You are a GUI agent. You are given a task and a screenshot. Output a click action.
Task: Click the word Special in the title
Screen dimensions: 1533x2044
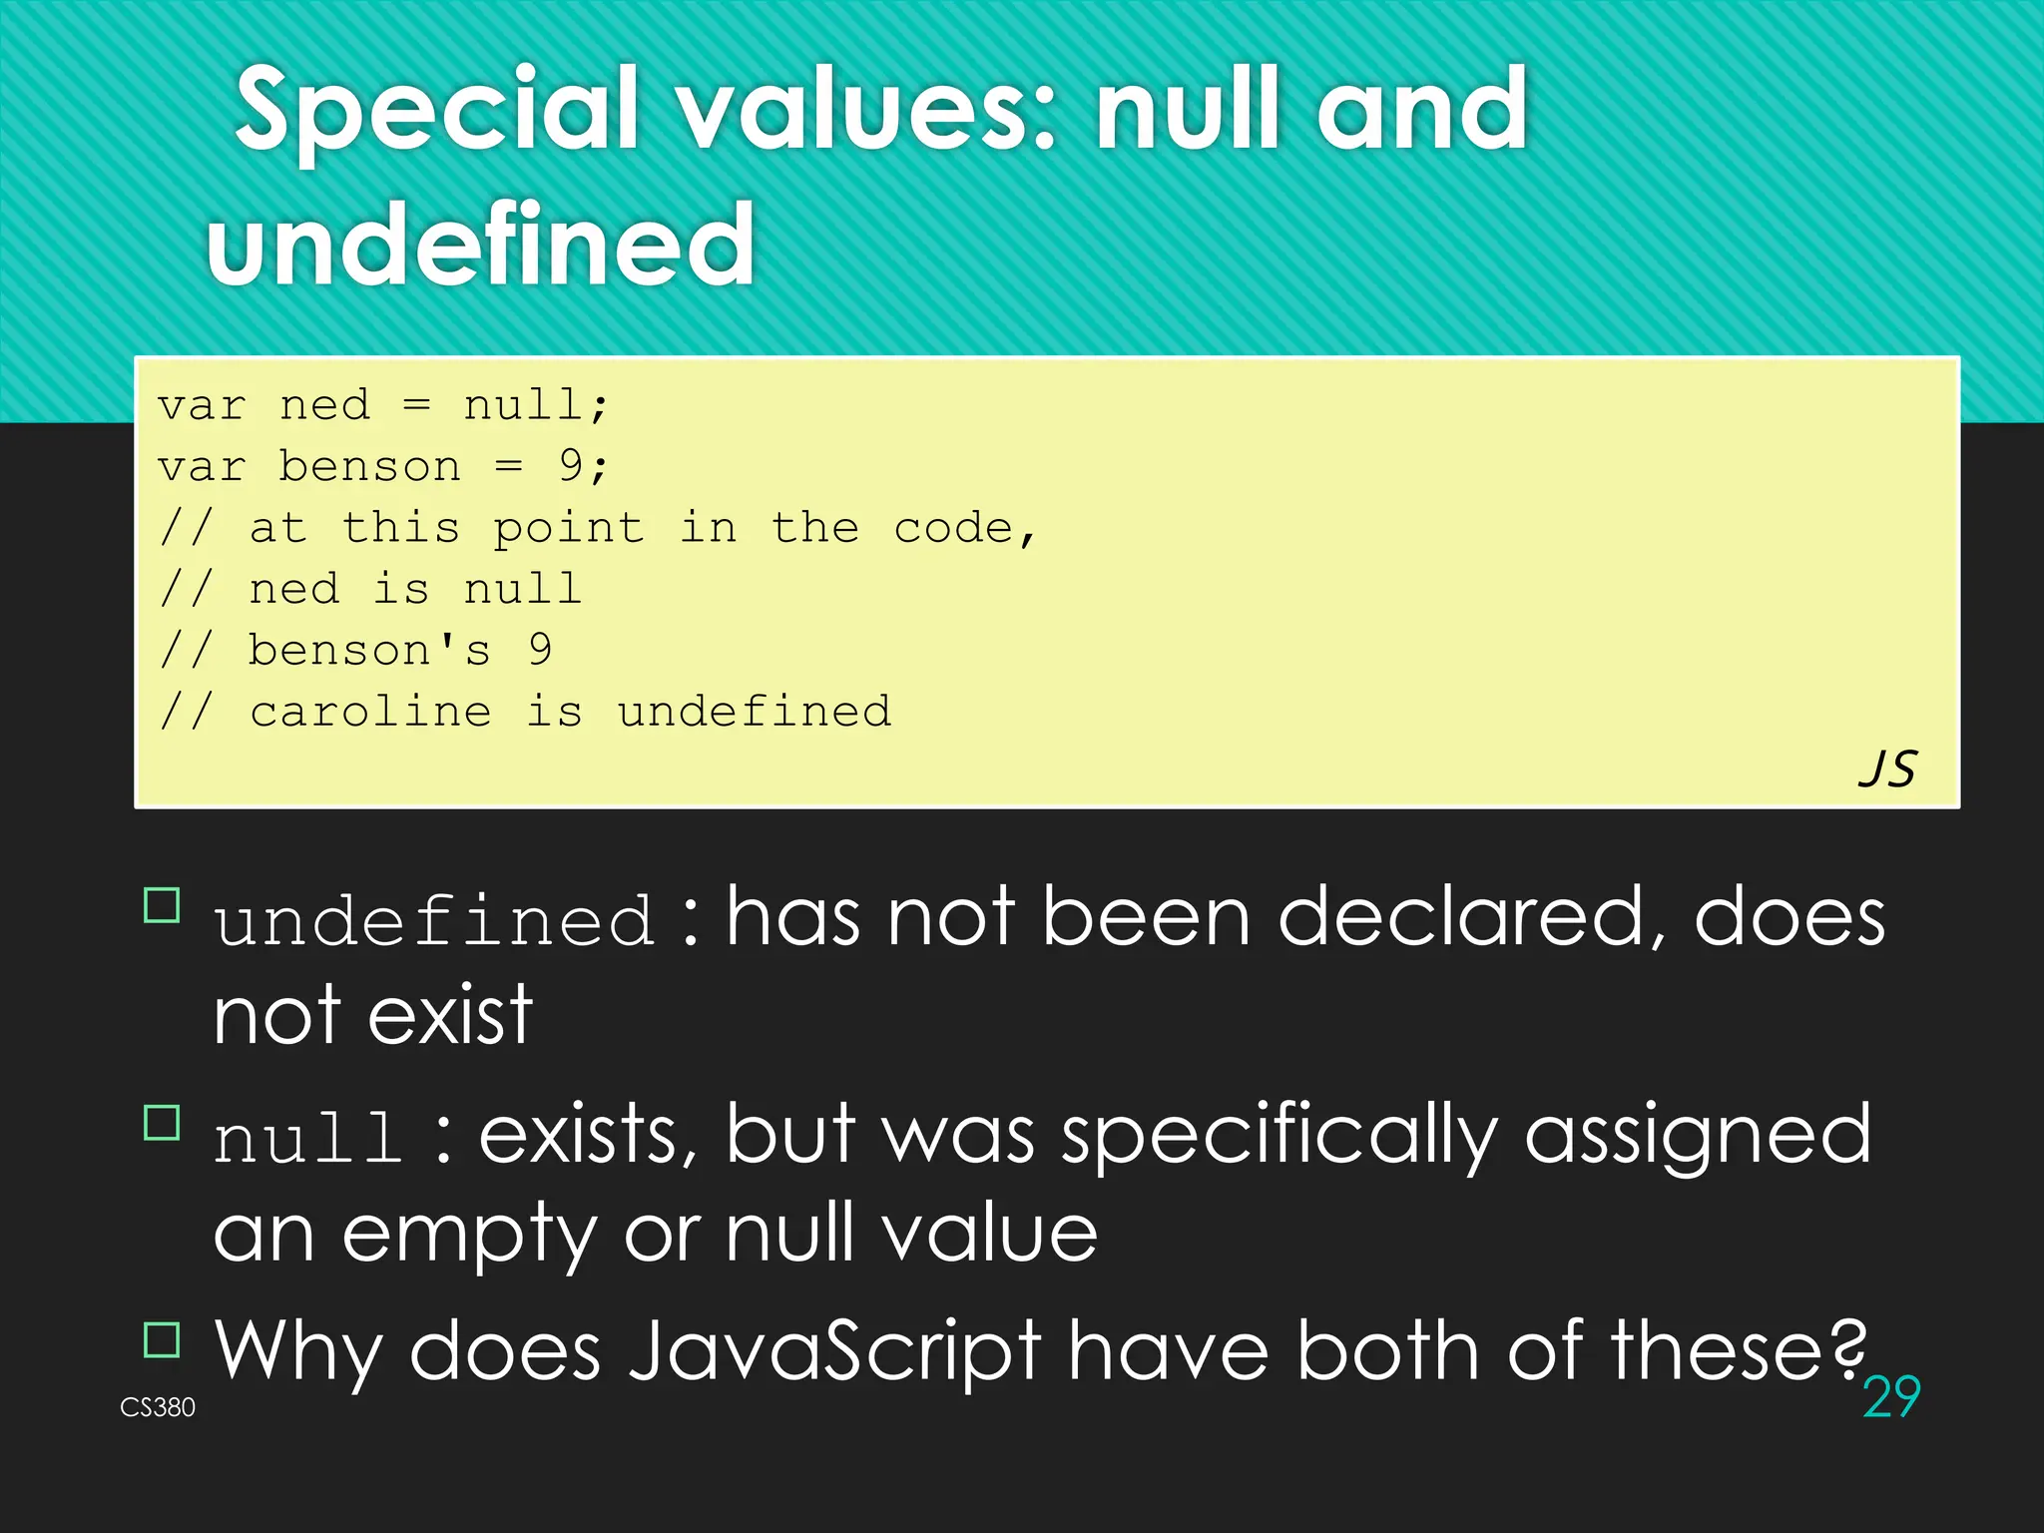click(x=435, y=110)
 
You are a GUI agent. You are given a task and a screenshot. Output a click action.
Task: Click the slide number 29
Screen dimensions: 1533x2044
click(x=1891, y=1396)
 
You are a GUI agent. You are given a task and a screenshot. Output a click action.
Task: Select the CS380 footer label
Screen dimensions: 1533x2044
click(x=158, y=1407)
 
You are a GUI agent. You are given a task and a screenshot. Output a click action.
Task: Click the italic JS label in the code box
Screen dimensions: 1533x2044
click(x=1887, y=769)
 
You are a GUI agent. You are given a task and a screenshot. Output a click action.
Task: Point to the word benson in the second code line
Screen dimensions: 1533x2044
click(x=369, y=466)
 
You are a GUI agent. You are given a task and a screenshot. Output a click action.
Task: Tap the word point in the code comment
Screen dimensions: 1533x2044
click(x=568, y=528)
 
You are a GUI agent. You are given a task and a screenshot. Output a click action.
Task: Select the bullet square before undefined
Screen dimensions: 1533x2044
click(x=162, y=905)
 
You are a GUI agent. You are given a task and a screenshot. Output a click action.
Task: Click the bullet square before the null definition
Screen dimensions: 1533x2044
click(x=162, y=1123)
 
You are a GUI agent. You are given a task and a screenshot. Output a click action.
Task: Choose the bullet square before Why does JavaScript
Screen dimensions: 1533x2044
click(x=162, y=1339)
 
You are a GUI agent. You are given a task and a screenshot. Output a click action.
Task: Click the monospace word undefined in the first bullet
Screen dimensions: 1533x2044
click(x=434, y=920)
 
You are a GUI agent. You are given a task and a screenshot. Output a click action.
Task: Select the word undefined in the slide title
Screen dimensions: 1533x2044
click(x=481, y=245)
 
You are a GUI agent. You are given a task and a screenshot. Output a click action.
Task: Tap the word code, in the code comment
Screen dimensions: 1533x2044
click(x=964, y=528)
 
